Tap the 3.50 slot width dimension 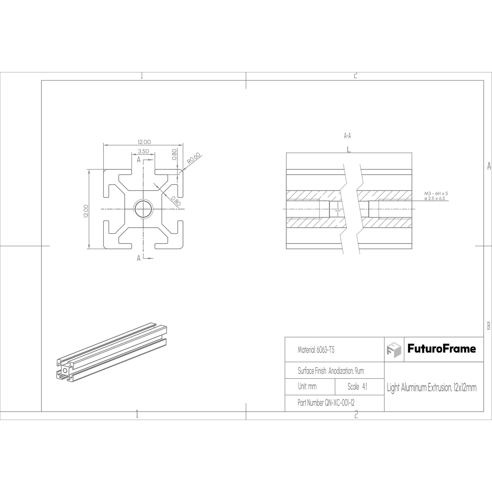tap(143, 152)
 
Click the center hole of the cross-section tap(143, 208)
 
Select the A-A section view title tap(347, 136)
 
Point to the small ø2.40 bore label tap(338, 211)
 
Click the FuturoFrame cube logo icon tap(394, 349)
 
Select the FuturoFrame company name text tap(442, 349)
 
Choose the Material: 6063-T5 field tap(316, 350)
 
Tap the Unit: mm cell tap(307, 387)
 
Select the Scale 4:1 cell tap(357, 387)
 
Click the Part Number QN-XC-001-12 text tap(326, 403)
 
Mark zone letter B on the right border tap(488, 326)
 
